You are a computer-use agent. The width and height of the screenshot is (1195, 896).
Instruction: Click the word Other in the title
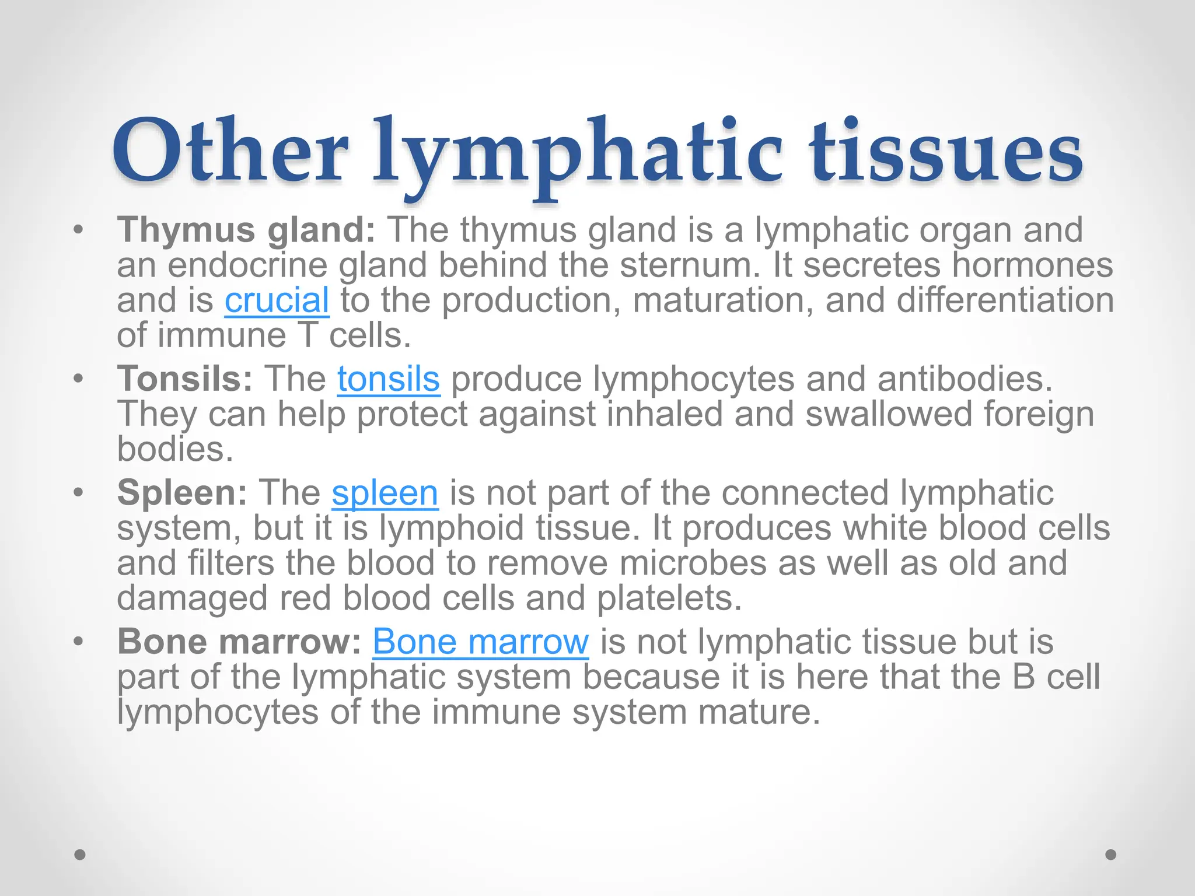[230, 152]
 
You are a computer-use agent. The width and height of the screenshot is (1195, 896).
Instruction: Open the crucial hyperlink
[277, 300]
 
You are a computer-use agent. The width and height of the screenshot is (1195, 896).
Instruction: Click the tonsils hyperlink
[388, 379]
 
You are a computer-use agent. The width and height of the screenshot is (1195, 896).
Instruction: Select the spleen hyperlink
[385, 493]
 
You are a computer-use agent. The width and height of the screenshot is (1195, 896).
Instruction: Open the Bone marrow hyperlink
[480, 642]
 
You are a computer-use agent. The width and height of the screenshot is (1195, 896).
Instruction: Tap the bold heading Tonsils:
[185, 379]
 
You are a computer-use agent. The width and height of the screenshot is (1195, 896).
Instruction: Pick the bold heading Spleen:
[182, 493]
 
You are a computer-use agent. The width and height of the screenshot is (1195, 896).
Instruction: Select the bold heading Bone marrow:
[239, 642]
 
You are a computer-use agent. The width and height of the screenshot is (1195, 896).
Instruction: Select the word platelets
[669, 598]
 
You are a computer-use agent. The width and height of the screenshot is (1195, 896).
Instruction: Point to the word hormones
[1032, 265]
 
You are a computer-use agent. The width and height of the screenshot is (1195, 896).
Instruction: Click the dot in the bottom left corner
[80, 855]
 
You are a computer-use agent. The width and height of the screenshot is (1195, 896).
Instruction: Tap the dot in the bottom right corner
[1111, 855]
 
